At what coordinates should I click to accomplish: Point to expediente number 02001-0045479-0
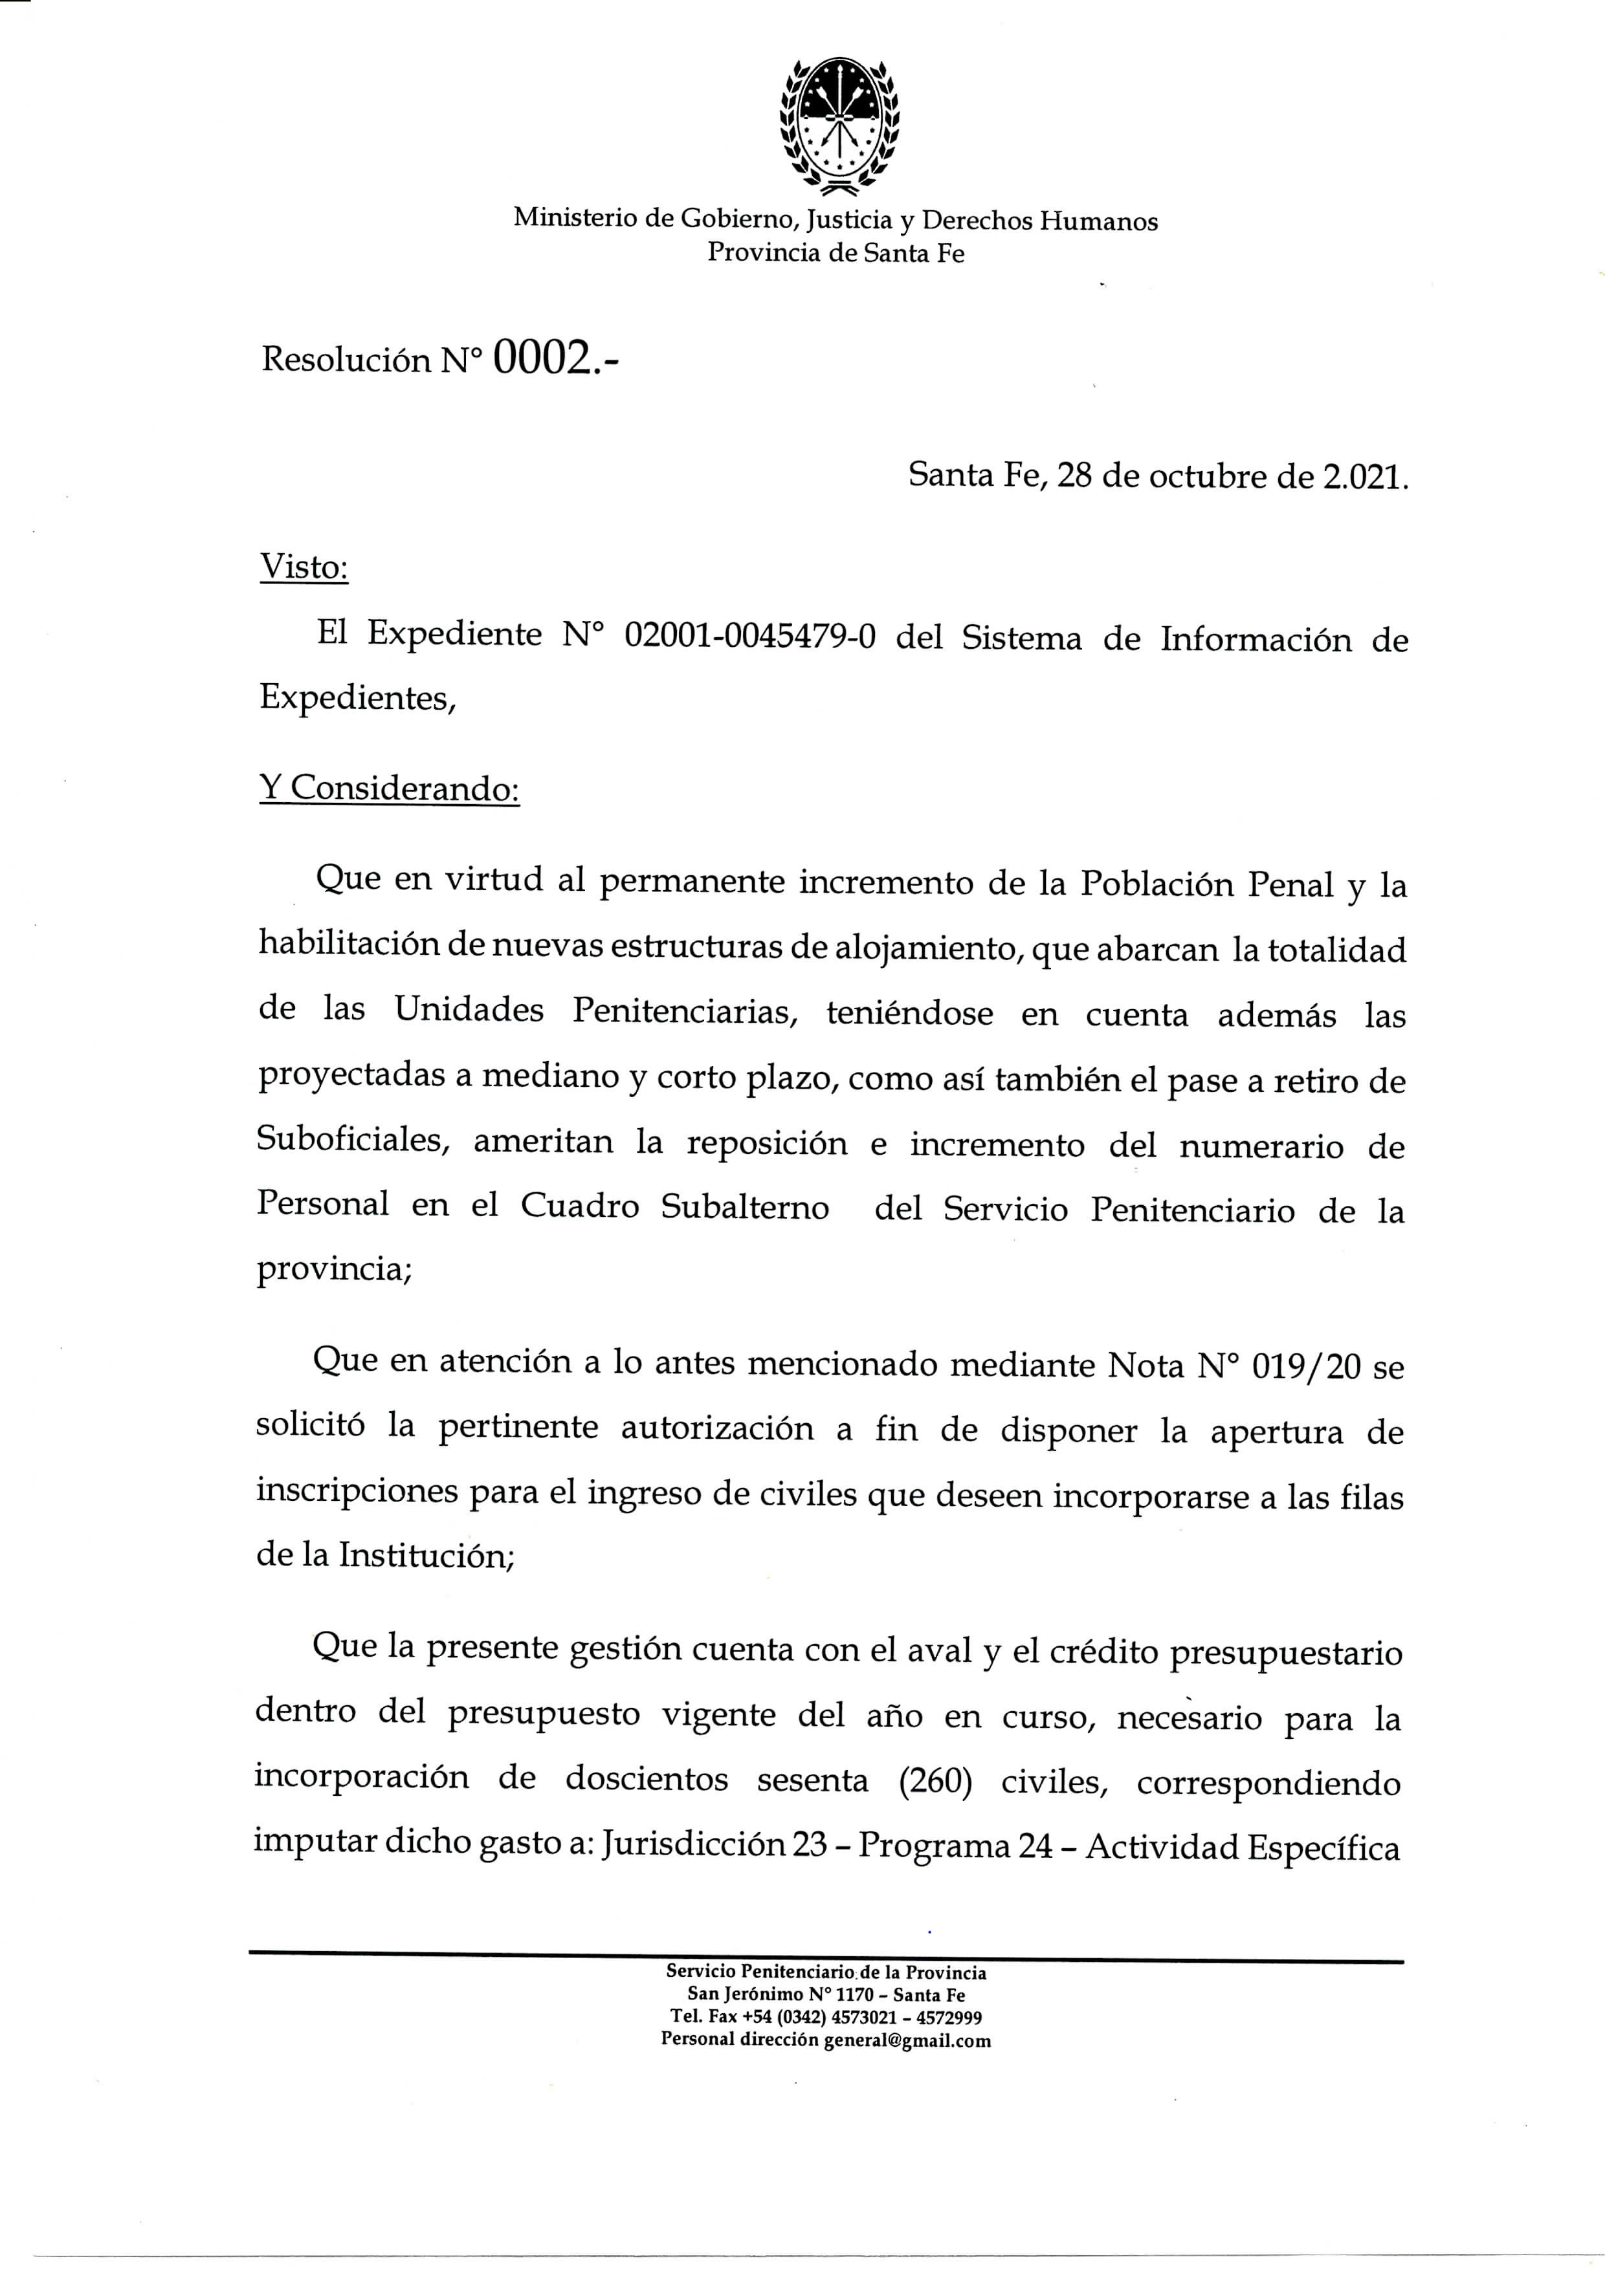point(751,635)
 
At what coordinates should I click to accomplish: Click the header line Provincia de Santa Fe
point(836,252)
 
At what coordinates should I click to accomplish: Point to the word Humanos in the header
point(1099,221)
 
